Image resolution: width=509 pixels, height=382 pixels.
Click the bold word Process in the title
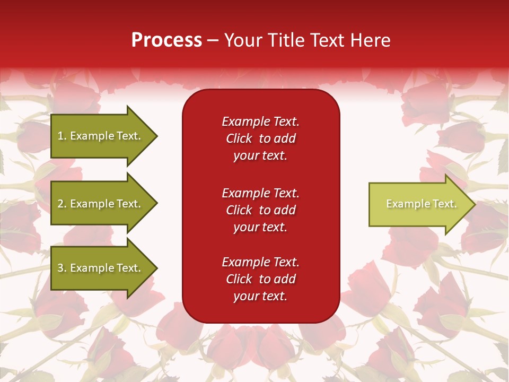click(166, 40)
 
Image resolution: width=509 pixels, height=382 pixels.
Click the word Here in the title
click(371, 40)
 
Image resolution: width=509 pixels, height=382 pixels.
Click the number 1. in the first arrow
click(62, 136)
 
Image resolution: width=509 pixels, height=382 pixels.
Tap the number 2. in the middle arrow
click(62, 204)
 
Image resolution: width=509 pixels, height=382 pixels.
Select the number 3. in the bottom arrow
click(62, 268)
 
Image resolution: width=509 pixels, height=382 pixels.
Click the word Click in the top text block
click(239, 138)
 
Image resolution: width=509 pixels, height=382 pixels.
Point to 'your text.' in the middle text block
click(260, 227)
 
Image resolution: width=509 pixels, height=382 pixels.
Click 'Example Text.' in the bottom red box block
click(260, 262)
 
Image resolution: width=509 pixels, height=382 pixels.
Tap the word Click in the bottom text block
click(239, 279)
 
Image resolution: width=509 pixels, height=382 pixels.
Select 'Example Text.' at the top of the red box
click(260, 121)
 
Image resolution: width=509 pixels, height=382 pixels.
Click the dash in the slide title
click(213, 40)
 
